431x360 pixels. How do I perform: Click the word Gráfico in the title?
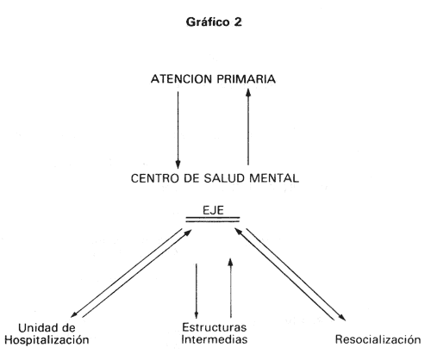coord(208,22)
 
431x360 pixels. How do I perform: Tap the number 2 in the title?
coord(238,22)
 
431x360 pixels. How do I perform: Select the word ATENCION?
coord(182,79)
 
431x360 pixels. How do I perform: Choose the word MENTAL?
coord(274,178)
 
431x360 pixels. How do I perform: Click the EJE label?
coord(213,210)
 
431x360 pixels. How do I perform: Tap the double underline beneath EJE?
coord(213,220)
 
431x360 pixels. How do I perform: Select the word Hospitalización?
coord(47,340)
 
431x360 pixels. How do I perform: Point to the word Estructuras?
coord(214,327)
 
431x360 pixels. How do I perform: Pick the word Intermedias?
coord(214,339)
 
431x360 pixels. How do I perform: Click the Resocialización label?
coord(378,339)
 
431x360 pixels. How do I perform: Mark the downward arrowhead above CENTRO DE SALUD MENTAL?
coord(178,164)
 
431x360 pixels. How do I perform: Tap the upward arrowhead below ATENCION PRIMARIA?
coord(248,93)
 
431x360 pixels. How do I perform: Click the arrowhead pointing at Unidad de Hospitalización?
coord(74,314)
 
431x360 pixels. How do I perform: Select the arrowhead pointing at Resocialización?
coord(342,317)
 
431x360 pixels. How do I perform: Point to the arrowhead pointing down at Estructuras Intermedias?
coord(197,314)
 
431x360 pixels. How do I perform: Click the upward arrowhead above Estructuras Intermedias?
coord(230,262)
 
